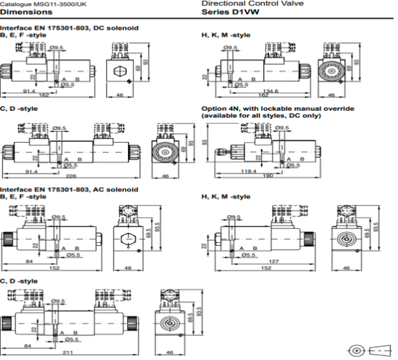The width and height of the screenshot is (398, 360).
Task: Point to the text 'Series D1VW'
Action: point(223,12)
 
